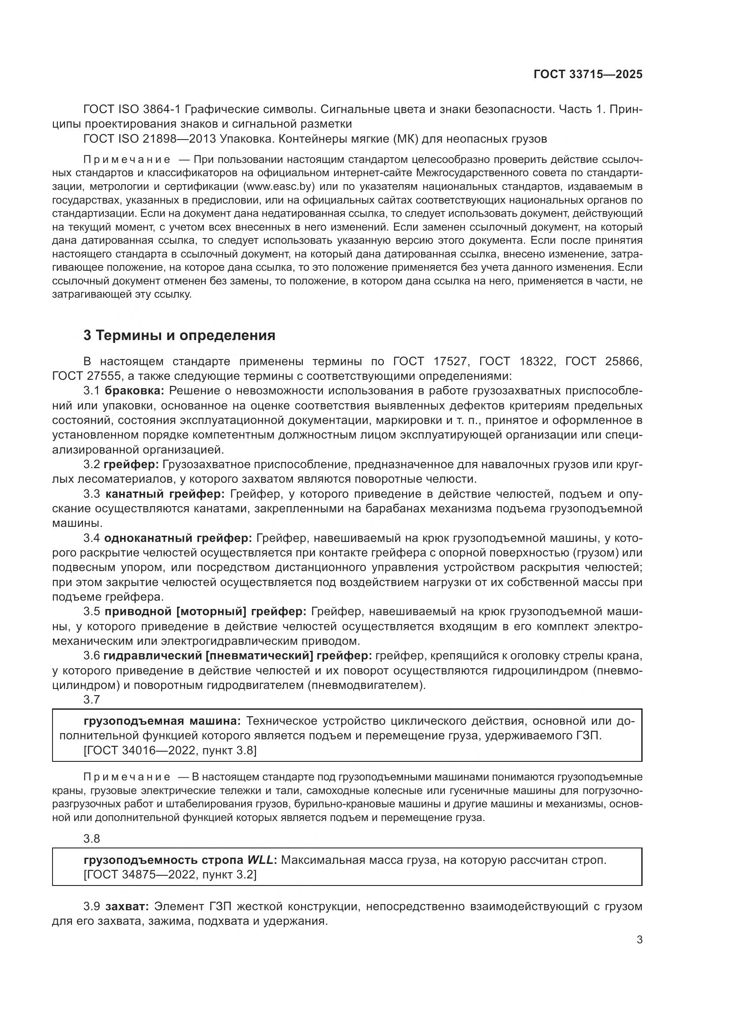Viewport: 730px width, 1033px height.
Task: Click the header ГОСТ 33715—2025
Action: coord(587,74)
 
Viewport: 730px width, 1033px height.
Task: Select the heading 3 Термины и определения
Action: coord(179,335)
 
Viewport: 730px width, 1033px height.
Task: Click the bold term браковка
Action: coord(138,390)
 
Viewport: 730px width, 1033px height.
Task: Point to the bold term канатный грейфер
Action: coord(165,494)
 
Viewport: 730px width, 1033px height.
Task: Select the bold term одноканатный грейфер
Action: coord(178,538)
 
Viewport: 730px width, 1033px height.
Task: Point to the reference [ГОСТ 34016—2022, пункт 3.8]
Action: coord(170,750)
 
